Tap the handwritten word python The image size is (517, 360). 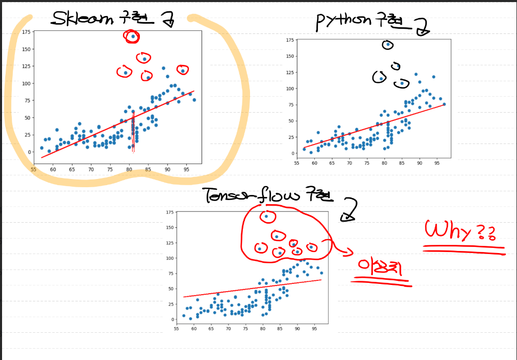[x=343, y=22]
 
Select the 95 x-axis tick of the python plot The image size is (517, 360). [x=437, y=163]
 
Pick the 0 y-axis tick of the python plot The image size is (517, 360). [x=292, y=153]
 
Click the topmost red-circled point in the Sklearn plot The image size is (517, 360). [x=133, y=37]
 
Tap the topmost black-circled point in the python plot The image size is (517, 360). [x=388, y=45]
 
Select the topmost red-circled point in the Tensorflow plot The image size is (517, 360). [x=266, y=217]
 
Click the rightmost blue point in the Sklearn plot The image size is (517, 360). [x=194, y=100]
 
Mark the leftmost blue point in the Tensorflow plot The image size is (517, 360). [x=184, y=316]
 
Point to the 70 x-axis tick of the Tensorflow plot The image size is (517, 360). [x=228, y=328]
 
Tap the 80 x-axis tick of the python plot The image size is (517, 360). [x=384, y=163]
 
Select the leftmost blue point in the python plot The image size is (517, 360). [x=304, y=149]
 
